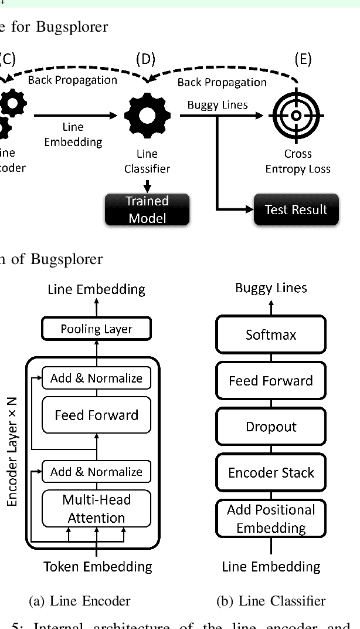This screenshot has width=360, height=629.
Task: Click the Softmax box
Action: click(x=270, y=335)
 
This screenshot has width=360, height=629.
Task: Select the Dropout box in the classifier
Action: click(x=270, y=427)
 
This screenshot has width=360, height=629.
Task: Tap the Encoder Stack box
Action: click(x=270, y=472)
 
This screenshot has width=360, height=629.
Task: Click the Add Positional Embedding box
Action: click(x=270, y=518)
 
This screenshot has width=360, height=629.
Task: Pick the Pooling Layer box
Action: click(x=96, y=329)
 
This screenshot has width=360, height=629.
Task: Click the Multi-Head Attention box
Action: click(x=96, y=509)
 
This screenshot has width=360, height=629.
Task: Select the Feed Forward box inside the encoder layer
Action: click(x=96, y=415)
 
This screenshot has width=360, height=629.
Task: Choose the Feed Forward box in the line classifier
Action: click(x=270, y=381)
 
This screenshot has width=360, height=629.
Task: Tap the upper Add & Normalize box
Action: click(x=96, y=378)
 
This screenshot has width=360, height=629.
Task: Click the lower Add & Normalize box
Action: click(x=96, y=472)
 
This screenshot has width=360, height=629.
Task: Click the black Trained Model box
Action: click(x=147, y=209)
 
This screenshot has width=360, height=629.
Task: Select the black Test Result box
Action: click(x=296, y=209)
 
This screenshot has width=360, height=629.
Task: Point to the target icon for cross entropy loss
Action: click(x=297, y=116)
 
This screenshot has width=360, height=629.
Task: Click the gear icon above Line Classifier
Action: click(x=147, y=116)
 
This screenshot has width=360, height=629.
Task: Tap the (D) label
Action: click(x=146, y=59)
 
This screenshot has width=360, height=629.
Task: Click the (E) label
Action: click(x=303, y=59)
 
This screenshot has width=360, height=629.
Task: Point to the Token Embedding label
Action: click(x=98, y=566)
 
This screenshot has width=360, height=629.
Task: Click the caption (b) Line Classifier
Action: click(x=271, y=600)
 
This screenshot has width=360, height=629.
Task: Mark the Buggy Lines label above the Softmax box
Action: click(x=271, y=288)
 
